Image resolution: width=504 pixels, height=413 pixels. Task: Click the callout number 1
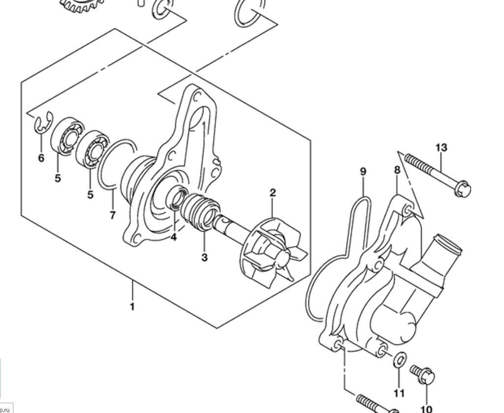click(x=132, y=307)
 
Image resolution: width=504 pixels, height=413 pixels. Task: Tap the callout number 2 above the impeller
click(x=273, y=193)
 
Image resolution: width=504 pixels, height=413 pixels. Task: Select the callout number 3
click(x=204, y=257)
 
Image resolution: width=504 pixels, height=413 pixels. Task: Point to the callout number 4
click(x=174, y=237)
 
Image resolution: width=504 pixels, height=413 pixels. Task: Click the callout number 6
click(x=41, y=158)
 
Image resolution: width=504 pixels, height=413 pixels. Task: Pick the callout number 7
click(x=112, y=215)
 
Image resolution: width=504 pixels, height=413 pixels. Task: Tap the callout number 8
click(x=397, y=170)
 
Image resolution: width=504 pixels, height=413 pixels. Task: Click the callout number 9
click(x=363, y=172)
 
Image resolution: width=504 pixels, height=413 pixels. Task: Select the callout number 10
click(x=426, y=409)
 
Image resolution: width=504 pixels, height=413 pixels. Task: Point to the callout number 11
click(x=399, y=393)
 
